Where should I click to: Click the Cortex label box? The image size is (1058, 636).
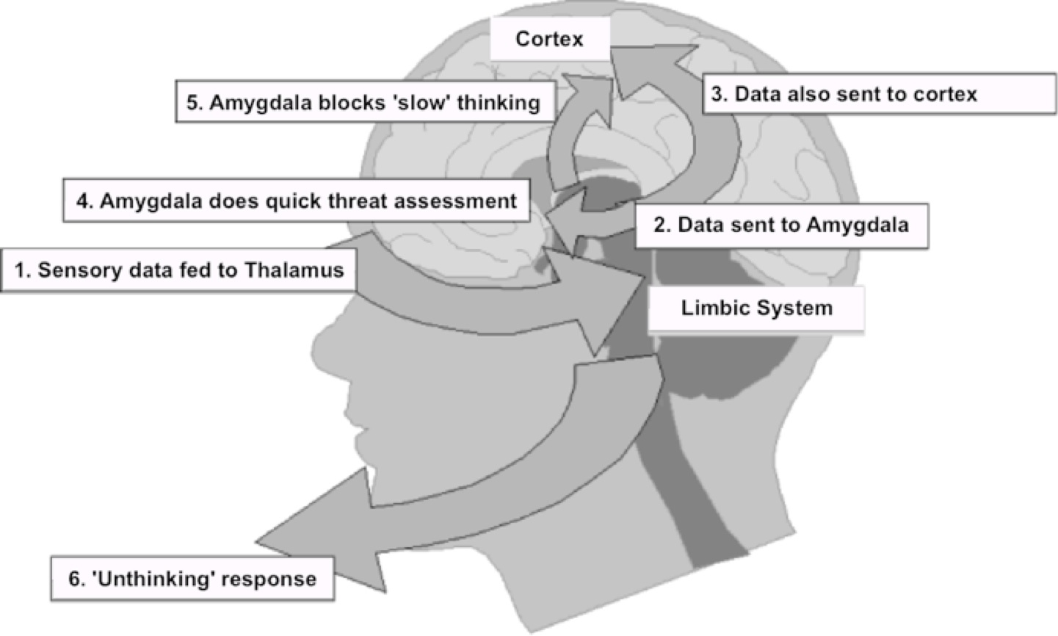(x=549, y=39)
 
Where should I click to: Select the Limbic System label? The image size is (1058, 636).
(x=756, y=308)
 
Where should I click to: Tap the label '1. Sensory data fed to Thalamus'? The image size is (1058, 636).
(x=178, y=270)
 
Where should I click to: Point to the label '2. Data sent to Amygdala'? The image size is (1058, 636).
(x=780, y=225)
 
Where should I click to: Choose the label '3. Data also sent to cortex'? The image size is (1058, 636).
(x=878, y=94)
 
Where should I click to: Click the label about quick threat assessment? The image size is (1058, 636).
(x=296, y=200)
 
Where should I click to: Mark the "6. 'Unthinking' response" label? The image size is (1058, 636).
(x=192, y=579)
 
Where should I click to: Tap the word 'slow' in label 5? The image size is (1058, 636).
(x=424, y=103)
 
